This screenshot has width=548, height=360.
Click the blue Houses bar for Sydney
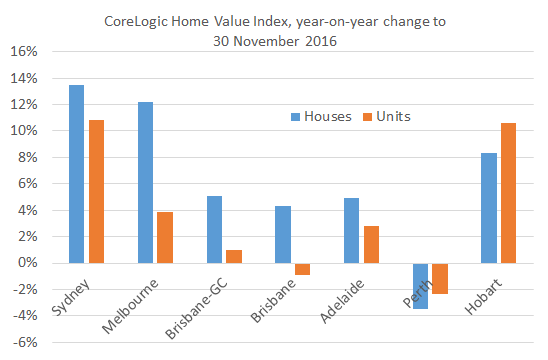point(76,174)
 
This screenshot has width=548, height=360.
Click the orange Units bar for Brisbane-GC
point(233,256)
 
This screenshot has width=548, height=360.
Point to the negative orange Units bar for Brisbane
point(302,269)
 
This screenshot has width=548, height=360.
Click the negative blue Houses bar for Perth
point(420,286)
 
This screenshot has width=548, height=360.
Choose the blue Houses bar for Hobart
point(489,208)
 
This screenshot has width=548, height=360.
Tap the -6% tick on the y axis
point(24,342)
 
